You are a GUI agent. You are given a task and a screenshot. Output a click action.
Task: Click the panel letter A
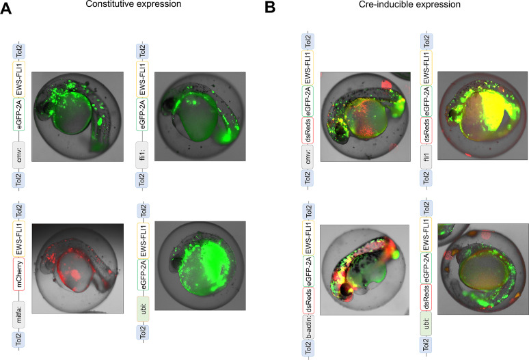point(5,8)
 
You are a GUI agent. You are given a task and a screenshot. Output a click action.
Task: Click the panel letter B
point(270,7)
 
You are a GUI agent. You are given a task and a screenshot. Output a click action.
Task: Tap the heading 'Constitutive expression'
point(133,4)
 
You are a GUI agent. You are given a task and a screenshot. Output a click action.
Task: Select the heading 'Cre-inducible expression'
point(409,4)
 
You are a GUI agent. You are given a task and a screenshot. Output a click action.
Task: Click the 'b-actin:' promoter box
point(308,327)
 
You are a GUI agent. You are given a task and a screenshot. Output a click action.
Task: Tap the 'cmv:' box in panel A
point(19,154)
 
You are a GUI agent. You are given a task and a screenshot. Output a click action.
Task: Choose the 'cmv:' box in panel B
point(308,156)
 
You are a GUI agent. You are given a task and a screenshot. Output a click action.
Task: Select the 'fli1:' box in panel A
point(142,154)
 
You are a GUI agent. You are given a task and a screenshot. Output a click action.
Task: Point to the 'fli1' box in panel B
point(426,156)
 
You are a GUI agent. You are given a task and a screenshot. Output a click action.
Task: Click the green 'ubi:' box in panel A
point(143,309)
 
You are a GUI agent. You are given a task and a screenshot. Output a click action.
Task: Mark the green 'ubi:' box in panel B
point(426,324)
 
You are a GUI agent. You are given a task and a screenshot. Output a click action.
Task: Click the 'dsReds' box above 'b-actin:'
point(308,301)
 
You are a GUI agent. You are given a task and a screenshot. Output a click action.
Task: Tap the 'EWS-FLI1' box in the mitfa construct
point(19,238)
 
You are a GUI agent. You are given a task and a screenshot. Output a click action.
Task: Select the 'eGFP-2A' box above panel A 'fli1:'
point(142,114)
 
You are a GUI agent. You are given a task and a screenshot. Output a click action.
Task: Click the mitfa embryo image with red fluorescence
point(78,268)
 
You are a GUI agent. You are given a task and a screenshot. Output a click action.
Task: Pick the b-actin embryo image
point(364,270)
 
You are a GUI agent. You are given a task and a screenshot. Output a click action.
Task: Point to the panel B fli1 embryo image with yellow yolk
point(483,115)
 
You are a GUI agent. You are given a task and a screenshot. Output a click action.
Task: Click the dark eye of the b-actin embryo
point(347,290)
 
